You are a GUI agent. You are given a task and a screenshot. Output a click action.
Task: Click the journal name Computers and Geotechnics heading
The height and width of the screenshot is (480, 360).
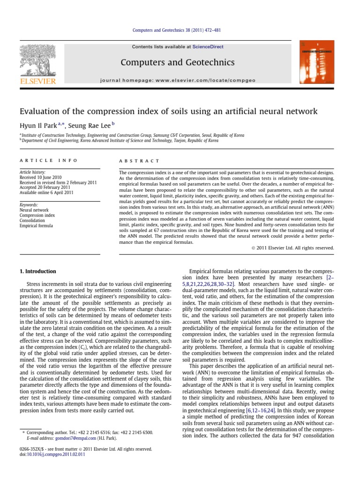coord(184,62)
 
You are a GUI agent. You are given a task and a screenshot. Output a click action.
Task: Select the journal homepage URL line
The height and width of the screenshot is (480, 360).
coord(184,81)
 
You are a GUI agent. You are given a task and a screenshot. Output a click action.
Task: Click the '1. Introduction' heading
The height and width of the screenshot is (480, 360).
coord(37,271)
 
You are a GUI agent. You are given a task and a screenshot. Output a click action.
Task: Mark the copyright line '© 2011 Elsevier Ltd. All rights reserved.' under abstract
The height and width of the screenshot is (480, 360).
coord(290,247)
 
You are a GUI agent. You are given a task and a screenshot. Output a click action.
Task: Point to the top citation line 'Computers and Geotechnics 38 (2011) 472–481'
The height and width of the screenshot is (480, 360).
coord(180,30)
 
